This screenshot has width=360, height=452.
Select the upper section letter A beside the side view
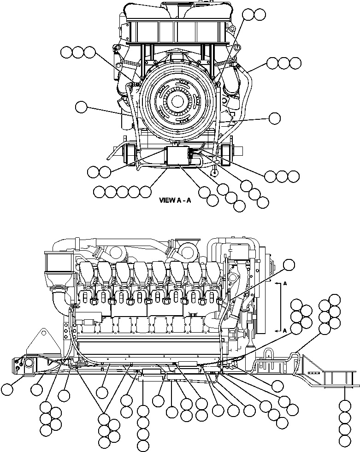[286, 284]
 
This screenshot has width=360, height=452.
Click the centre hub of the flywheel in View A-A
[178, 100]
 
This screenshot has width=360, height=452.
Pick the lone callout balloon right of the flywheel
[275, 118]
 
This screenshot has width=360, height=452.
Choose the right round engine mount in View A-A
[226, 154]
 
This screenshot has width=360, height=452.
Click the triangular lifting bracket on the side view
[41, 343]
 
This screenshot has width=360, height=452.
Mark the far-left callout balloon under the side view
[7, 389]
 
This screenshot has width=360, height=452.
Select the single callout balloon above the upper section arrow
[289, 264]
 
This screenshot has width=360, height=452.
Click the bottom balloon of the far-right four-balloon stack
[344, 441]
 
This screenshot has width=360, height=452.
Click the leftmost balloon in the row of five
[99, 191]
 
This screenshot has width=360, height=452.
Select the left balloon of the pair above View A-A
[248, 15]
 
